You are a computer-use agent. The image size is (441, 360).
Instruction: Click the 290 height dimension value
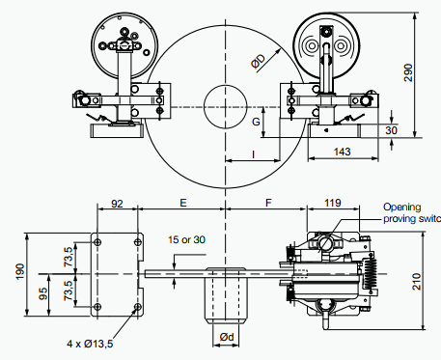tap(408, 72)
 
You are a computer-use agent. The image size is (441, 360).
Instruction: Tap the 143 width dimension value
tap(342, 152)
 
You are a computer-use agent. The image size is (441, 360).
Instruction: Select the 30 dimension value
tap(391, 130)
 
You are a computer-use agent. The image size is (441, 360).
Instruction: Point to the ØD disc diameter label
tap(259, 61)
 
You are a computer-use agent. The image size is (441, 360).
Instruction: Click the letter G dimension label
tap(256, 122)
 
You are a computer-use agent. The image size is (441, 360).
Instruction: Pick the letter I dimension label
tap(254, 154)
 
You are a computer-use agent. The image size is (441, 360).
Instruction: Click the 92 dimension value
tap(117, 204)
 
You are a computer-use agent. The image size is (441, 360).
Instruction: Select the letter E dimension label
tap(182, 203)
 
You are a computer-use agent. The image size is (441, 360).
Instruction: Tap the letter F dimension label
tap(268, 203)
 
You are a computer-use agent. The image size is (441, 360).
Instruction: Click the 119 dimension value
tap(333, 203)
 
